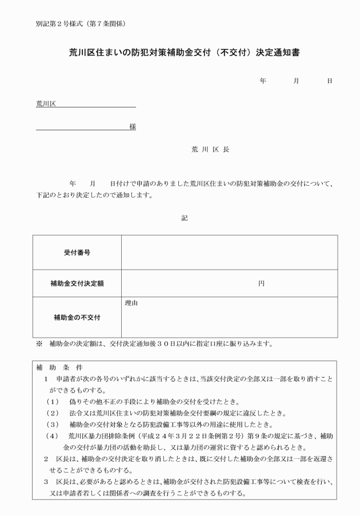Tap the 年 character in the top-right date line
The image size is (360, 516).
(263, 81)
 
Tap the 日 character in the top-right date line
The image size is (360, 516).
(329, 81)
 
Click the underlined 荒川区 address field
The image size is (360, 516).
(86, 104)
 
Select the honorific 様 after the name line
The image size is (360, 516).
(132, 126)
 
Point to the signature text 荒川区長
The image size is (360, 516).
(210, 149)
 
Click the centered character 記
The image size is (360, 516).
(184, 217)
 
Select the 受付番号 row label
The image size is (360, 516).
(77, 252)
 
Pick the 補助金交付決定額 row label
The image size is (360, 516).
(77, 283)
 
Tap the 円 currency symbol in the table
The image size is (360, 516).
(261, 283)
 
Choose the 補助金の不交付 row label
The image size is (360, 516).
(77, 317)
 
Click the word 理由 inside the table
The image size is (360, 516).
(131, 303)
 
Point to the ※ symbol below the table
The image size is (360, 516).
(39, 344)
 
